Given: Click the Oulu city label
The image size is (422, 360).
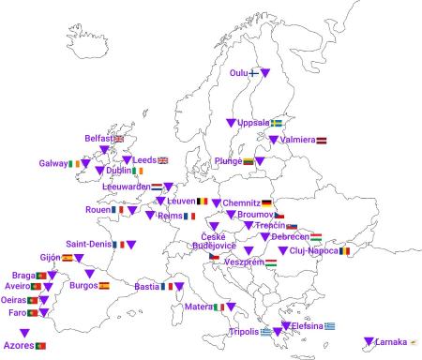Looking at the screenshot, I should point(239,72).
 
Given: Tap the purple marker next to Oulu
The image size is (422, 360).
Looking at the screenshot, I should point(265,72).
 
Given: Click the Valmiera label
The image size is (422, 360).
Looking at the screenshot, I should point(296,140).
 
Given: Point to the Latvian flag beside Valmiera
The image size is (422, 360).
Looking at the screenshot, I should point(322,140).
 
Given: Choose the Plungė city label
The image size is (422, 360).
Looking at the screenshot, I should point(228,161).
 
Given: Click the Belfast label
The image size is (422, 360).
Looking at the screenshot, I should point(98,139).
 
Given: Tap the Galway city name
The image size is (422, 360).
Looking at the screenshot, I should point(53,163).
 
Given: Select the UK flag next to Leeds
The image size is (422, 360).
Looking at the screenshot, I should point(162,160).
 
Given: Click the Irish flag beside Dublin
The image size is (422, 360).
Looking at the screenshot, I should point(139,172).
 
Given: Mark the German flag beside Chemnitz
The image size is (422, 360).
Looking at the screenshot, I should point(267,202).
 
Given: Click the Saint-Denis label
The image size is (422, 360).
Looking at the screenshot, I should point(89,245).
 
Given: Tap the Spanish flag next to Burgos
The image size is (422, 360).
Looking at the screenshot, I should point(104,285).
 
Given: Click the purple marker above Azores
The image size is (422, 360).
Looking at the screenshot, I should point(24,332).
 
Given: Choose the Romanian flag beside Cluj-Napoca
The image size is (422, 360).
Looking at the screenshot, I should point(344,250).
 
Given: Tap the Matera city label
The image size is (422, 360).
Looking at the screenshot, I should point(198,307).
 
